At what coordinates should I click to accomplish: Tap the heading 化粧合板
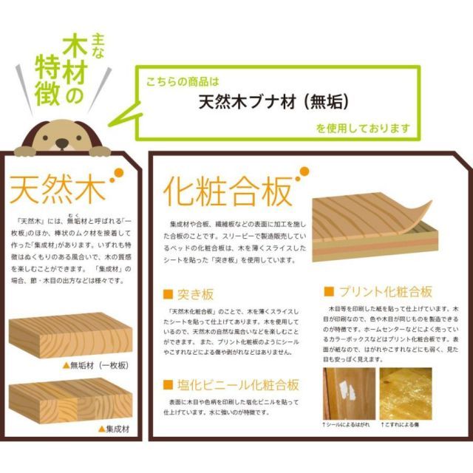pyautogui.click(x=227, y=191)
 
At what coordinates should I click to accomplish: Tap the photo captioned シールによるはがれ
pyautogui.click(x=349, y=394)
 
